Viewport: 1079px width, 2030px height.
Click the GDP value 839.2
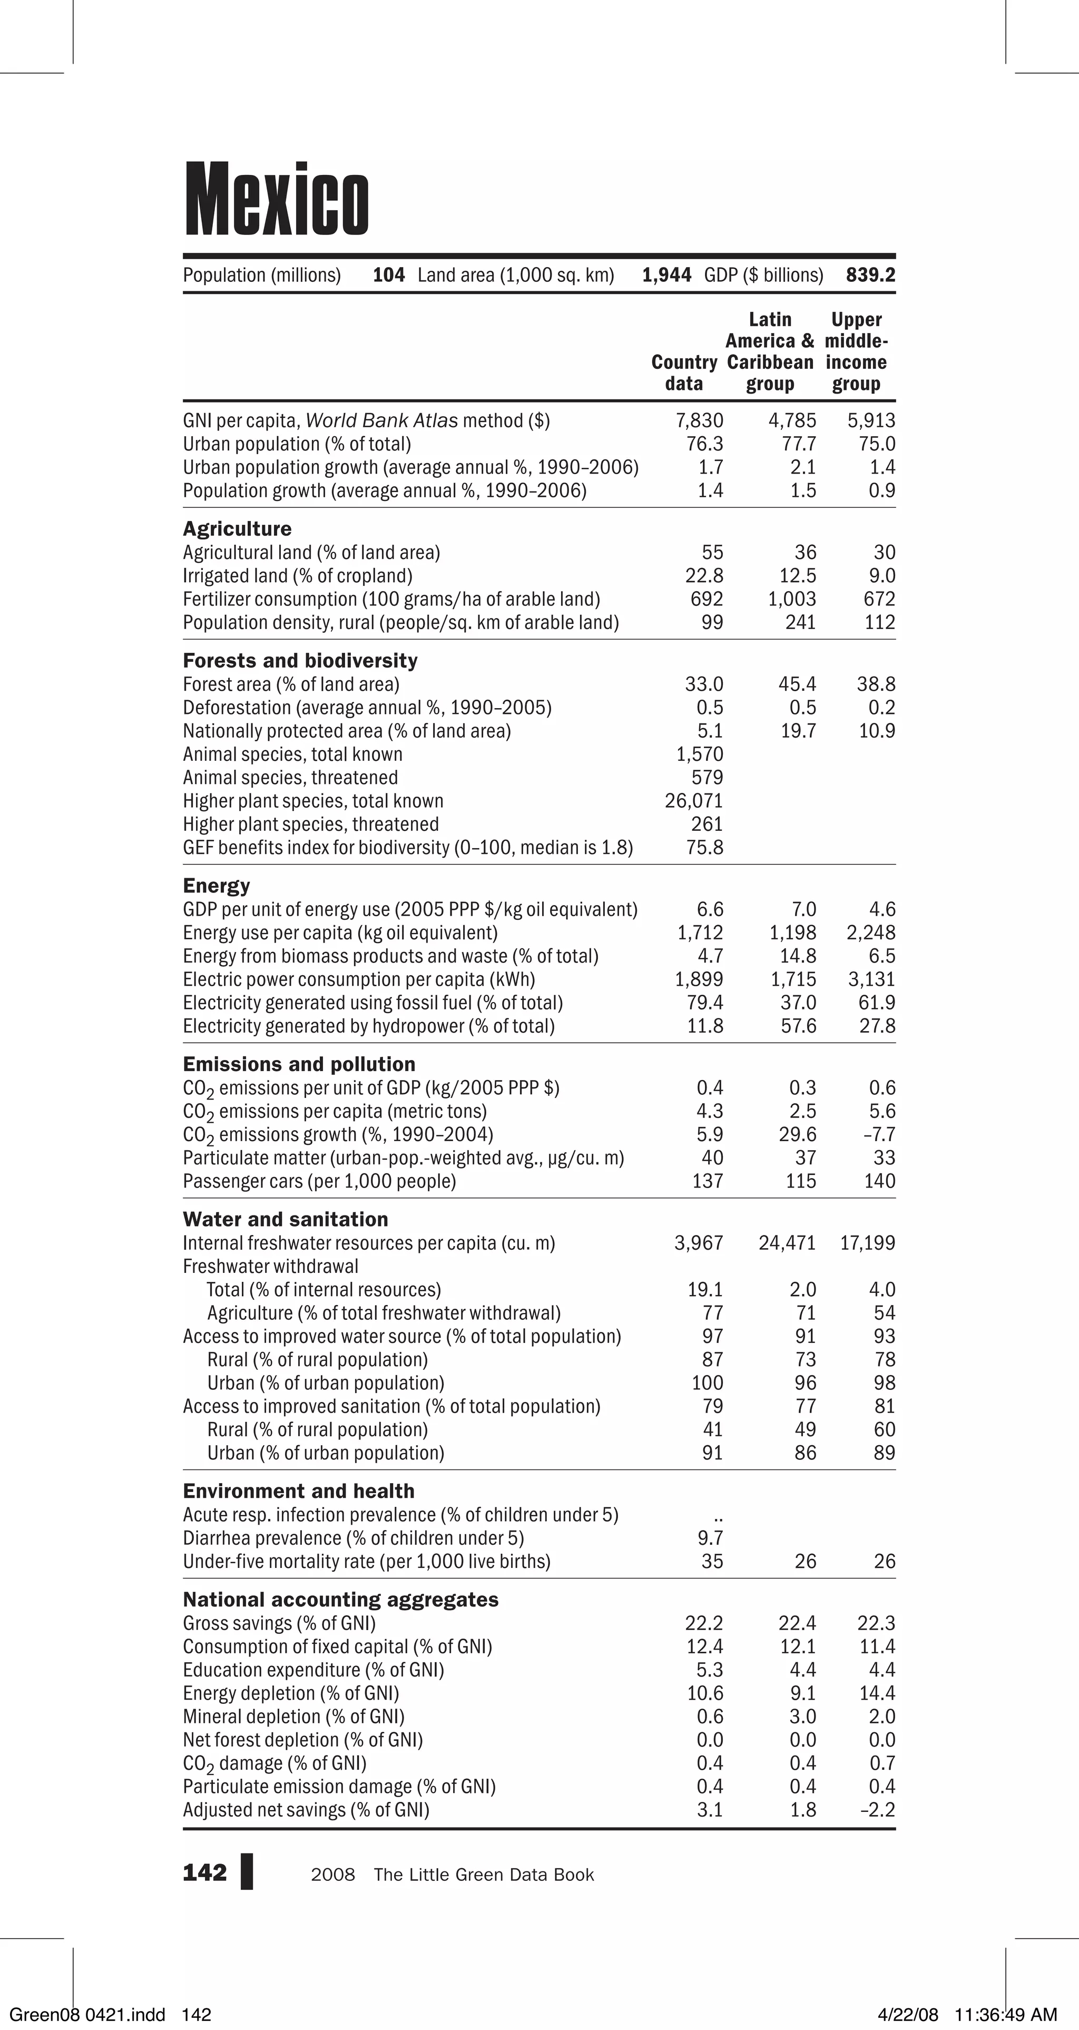tap(870, 275)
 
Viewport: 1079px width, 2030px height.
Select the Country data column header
tap(683, 372)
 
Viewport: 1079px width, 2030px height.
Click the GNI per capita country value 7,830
tap(699, 421)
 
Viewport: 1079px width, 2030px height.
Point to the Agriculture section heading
tap(237, 529)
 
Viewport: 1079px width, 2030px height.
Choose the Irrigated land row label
tap(297, 576)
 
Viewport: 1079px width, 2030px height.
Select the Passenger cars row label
tap(319, 1181)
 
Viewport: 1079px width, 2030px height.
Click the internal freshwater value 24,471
tap(787, 1243)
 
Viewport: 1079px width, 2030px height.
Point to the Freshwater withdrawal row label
tap(270, 1267)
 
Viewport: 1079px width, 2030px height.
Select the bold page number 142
tap(204, 1873)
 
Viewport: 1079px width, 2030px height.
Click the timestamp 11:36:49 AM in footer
tap(1005, 2015)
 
